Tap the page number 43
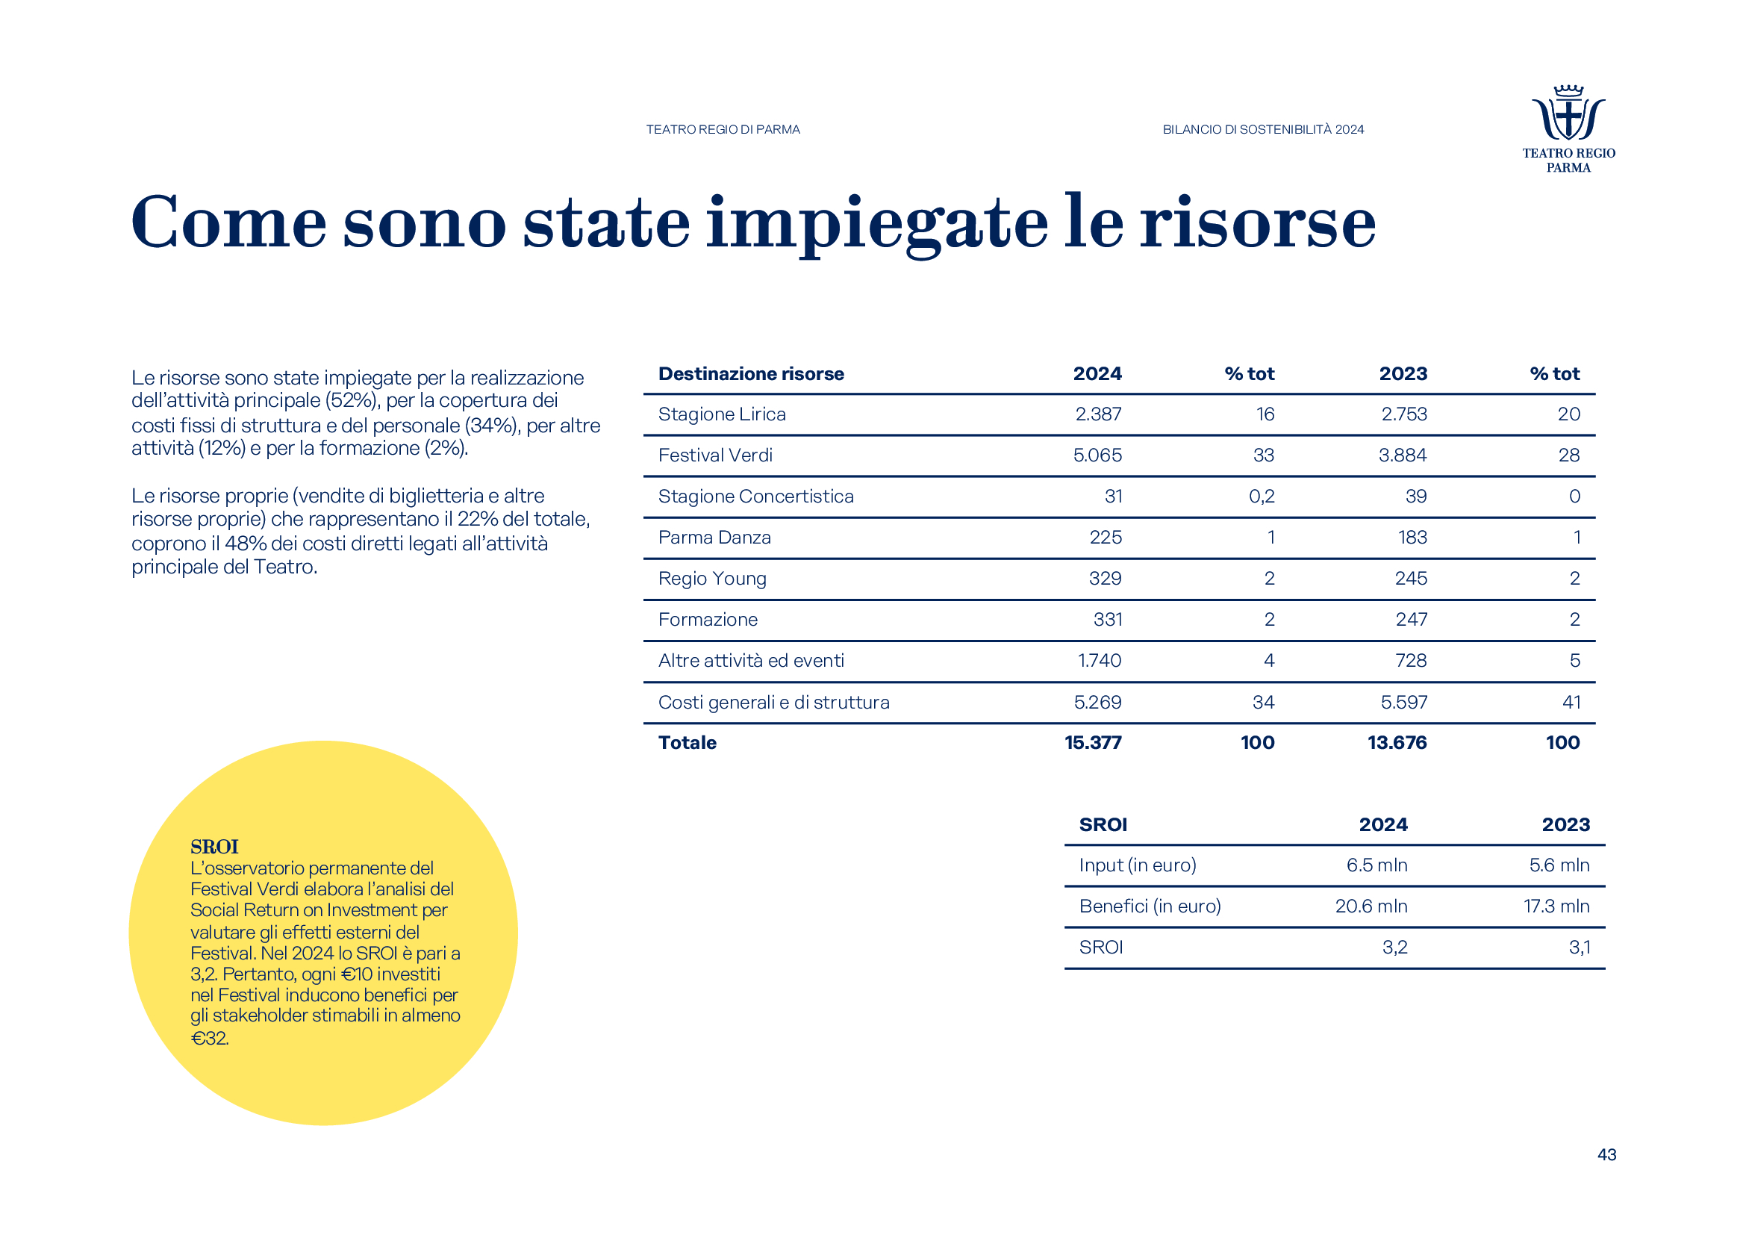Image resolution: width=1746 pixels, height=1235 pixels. pyautogui.click(x=1606, y=1154)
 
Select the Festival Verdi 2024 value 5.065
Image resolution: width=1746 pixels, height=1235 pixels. pyautogui.click(x=1097, y=455)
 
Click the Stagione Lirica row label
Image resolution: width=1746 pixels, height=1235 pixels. pyautogui.click(x=722, y=414)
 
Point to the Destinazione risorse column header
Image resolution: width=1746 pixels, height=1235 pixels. pyautogui.click(x=750, y=374)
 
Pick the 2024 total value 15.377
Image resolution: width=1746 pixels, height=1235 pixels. pyautogui.click(x=1092, y=743)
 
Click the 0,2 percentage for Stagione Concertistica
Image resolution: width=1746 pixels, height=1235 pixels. pyautogui.click(x=1261, y=497)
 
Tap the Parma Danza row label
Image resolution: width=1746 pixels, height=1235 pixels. pyautogui.click(x=714, y=538)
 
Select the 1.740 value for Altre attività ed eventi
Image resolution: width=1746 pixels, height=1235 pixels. pyautogui.click(x=1099, y=661)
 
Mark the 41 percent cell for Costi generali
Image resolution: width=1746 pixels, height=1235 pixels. pyautogui.click(x=1571, y=703)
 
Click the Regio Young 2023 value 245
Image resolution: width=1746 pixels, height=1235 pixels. pyautogui.click(x=1411, y=579)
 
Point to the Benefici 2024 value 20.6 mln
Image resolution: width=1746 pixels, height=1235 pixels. pyautogui.click(x=1371, y=906)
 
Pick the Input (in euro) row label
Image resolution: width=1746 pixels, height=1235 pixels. pyautogui.click(x=1137, y=865)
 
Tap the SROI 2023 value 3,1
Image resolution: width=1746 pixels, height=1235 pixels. pyautogui.click(x=1579, y=948)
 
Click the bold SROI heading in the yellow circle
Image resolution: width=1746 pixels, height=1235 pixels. pyautogui.click(x=213, y=847)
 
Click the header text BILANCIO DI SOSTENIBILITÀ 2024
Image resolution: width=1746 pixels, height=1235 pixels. pyautogui.click(x=1262, y=130)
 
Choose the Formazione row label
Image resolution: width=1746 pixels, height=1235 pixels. pyautogui.click(x=707, y=620)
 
